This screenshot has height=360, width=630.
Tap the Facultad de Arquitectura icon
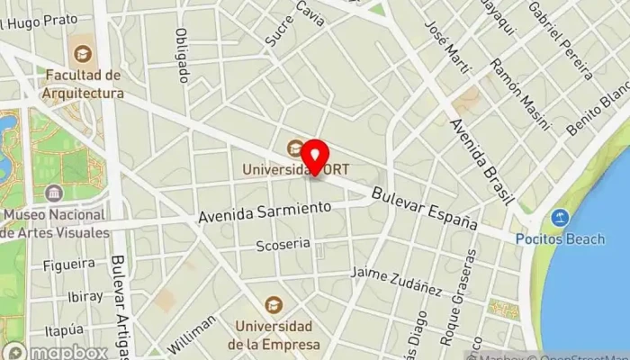pos(84,54)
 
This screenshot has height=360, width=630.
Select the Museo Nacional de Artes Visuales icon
pos(54,193)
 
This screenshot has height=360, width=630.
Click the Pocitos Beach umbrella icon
pos(561,218)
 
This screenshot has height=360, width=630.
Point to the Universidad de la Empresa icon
pos(275,305)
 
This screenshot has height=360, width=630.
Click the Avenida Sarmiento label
pos(265,211)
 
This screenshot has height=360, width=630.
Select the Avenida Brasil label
pos(482,158)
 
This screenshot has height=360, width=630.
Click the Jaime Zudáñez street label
pos(396,280)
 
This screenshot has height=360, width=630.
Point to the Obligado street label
pos(184,55)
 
